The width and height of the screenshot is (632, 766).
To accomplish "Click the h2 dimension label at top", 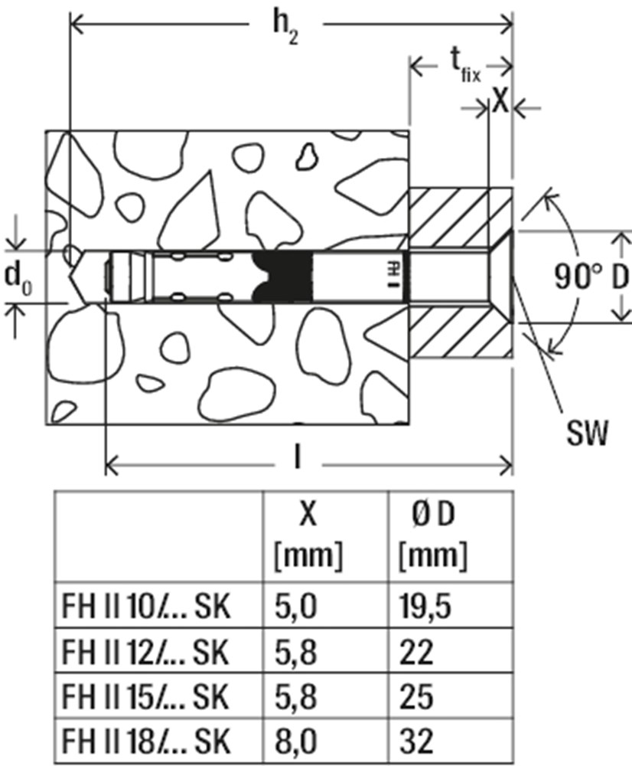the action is click(x=285, y=29).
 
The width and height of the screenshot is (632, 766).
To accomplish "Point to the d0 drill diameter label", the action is click(x=18, y=278).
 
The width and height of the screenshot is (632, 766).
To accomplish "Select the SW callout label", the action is click(x=588, y=433).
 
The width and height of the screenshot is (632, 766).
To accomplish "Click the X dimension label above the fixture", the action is click(x=500, y=102).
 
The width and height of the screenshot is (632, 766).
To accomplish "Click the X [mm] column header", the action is click(x=308, y=535).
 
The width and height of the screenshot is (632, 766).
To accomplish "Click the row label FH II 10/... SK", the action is click(x=145, y=606).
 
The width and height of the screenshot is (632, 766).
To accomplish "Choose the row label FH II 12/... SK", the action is click(x=145, y=652).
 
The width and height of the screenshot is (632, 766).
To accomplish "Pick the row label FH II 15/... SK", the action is click(x=145, y=696).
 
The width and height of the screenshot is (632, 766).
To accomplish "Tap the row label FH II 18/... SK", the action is click(x=145, y=741).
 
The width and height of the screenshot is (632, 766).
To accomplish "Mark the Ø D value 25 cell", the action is click(x=415, y=696).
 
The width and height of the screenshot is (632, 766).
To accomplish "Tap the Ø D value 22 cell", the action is click(x=415, y=652).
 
